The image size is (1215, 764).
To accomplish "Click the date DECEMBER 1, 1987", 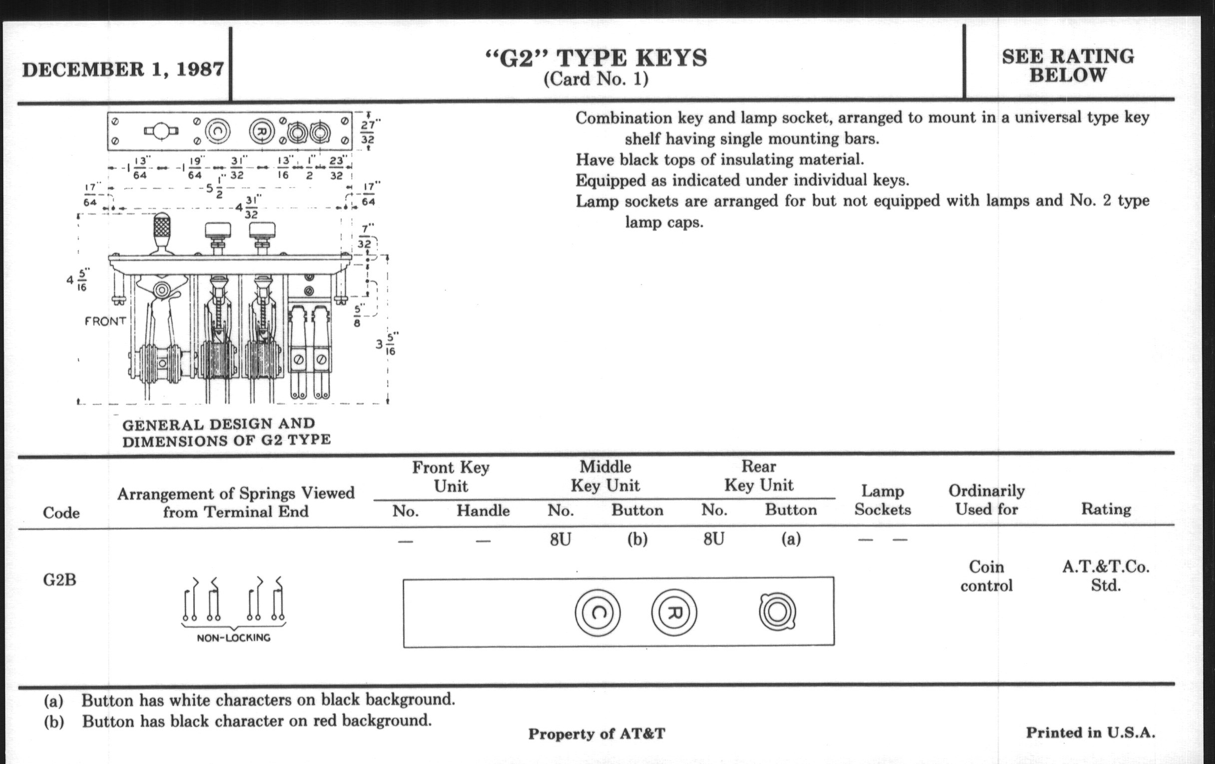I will tap(122, 69).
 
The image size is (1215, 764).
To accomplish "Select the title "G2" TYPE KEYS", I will tap(596, 58).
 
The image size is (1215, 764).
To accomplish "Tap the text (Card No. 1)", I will tap(596, 79).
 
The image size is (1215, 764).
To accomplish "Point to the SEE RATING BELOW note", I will tap(1068, 65).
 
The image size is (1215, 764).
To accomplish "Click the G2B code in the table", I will tap(59, 580).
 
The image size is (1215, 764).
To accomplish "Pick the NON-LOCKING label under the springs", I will tap(234, 638).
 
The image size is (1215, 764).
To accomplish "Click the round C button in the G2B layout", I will tap(598, 613).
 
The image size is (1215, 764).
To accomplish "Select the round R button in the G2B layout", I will tap(674, 613).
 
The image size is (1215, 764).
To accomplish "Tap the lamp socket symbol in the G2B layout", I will tap(777, 612).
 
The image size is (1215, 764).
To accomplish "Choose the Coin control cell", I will tap(986, 576).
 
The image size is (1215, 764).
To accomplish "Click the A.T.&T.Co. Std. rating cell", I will tap(1106, 576).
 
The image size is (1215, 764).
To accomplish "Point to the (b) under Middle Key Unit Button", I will tap(637, 540).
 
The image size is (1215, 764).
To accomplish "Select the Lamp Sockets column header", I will tap(882, 500).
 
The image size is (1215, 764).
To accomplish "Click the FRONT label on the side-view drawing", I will tap(105, 321).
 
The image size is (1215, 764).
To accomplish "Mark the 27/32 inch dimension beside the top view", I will tap(368, 132).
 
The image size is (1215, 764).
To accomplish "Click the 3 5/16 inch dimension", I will tap(386, 344).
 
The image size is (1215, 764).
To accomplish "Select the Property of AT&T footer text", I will tap(597, 734).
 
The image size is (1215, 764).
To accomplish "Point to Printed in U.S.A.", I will tap(1091, 732).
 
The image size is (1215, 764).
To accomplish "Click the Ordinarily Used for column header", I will tap(986, 500).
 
